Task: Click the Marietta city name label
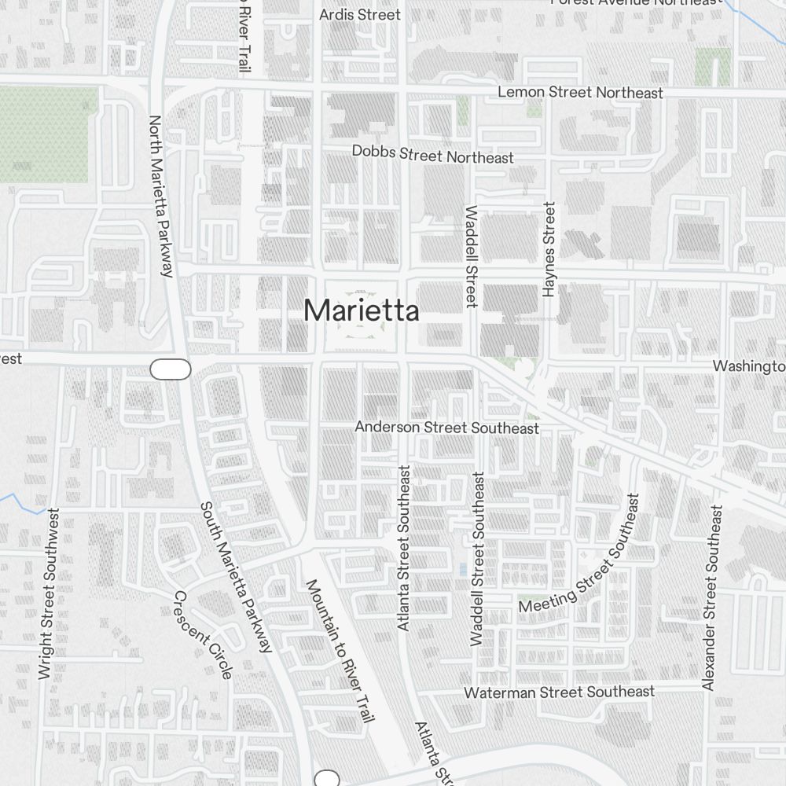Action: pos(361,310)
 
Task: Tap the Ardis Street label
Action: pos(360,14)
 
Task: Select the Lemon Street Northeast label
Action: pos(580,92)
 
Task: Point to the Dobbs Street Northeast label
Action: pos(433,154)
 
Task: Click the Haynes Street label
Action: pos(549,249)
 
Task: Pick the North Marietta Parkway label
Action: pos(160,196)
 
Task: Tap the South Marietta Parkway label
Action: pos(235,578)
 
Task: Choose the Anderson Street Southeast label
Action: pos(446,428)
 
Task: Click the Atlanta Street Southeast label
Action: pos(404,548)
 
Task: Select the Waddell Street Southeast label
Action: pos(478,559)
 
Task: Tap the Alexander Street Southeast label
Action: pos(711,598)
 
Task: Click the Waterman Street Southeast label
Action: pos(559,692)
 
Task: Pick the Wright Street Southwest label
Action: pos(49,593)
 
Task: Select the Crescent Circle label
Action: pos(203,634)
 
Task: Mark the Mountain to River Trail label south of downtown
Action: pos(340,649)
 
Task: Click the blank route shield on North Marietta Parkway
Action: pos(171,369)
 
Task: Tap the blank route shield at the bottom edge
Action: pos(326,778)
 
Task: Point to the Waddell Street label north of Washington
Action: pos(472,256)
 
